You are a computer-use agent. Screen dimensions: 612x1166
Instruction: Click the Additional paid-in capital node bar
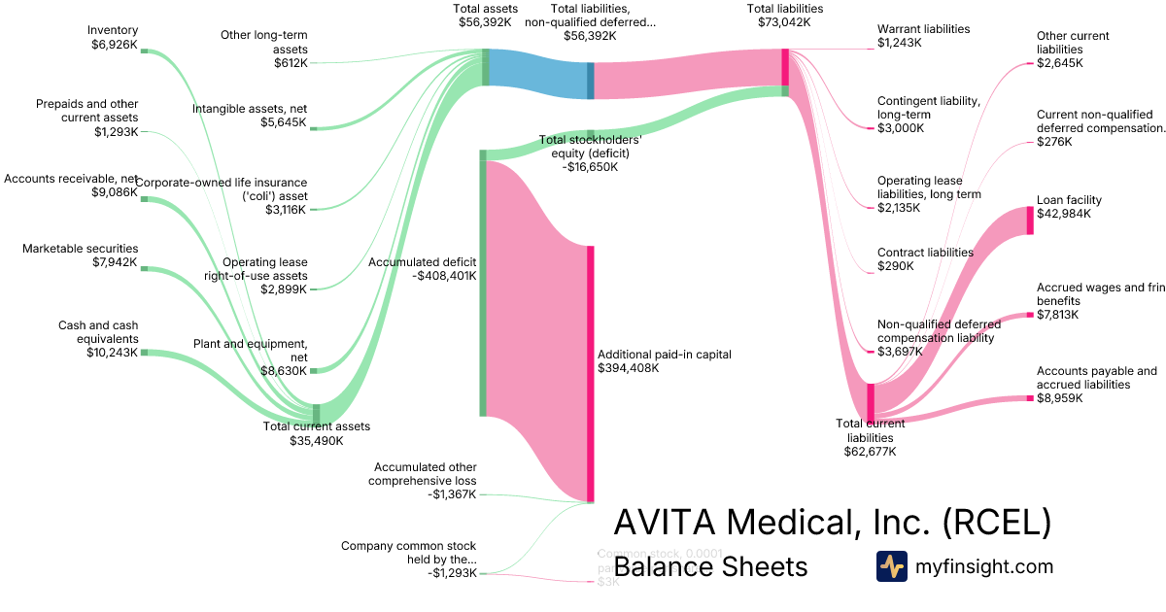[590, 374]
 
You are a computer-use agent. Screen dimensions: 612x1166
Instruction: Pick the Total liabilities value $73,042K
[784, 22]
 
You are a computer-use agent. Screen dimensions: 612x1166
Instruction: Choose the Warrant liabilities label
[923, 29]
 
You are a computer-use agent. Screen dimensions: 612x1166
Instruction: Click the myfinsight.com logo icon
[891, 566]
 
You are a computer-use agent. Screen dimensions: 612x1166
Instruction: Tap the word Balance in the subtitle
[662, 567]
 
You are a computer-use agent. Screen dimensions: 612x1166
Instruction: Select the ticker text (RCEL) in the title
[997, 524]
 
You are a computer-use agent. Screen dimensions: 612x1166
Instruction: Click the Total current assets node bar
[316, 413]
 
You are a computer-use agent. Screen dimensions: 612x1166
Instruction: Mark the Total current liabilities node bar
[872, 402]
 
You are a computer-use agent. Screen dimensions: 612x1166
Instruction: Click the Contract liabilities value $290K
[895, 266]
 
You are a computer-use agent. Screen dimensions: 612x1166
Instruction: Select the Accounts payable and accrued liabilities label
[1096, 378]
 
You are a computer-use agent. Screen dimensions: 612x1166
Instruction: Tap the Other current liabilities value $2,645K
[1060, 63]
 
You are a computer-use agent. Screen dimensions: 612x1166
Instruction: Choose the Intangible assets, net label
[250, 109]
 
